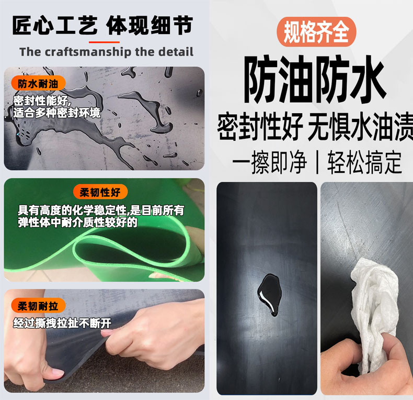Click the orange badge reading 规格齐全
point(316,32)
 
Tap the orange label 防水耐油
point(38,84)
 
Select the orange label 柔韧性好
point(100,192)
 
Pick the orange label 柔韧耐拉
point(38,306)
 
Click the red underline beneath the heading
point(104,42)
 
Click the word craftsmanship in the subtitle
point(88,52)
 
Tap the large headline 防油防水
point(315,79)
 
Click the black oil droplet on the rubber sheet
point(270,294)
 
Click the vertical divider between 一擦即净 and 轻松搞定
point(317,162)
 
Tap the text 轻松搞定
point(364,162)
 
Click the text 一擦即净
point(269,162)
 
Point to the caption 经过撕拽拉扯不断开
point(62,323)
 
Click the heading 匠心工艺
point(55,25)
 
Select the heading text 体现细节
point(150,25)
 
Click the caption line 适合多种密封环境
point(57,113)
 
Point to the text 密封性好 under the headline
point(260,126)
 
